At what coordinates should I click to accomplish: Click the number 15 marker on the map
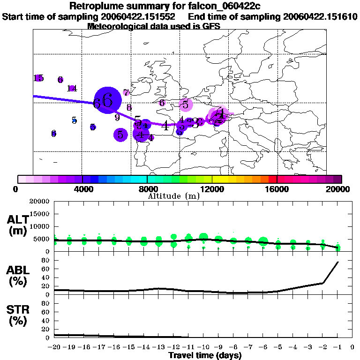[39, 78]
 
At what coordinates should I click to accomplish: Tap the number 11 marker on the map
[72, 88]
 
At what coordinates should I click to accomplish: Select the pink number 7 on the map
[126, 93]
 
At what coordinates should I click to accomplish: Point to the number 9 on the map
[117, 117]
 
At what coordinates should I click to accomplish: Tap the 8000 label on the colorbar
[147, 189]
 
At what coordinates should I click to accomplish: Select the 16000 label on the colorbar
[277, 189]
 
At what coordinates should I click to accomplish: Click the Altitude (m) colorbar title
[174, 196]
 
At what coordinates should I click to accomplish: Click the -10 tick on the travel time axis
[203, 347]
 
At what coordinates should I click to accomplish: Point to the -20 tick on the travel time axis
[54, 347]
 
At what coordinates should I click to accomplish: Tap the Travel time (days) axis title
[205, 356]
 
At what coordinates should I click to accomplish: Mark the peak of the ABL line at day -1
[338, 262]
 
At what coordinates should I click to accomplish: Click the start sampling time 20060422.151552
[140, 16]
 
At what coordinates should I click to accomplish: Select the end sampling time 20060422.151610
[321, 16]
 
